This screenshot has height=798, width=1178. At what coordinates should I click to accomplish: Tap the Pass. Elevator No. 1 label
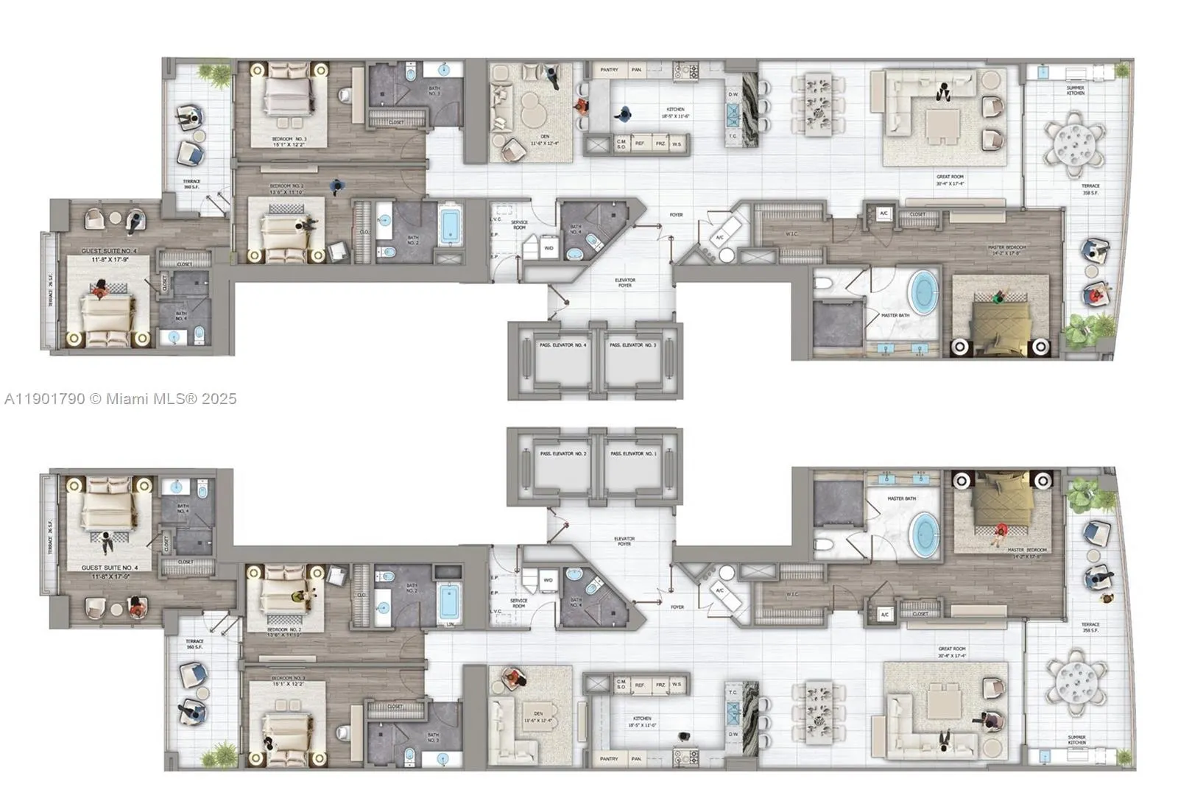tap(632, 454)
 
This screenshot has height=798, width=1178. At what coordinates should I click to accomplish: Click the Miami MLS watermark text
tap(120, 399)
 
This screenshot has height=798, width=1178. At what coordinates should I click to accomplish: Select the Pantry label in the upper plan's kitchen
tap(609, 70)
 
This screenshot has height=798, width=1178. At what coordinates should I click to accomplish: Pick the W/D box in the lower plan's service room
tap(549, 580)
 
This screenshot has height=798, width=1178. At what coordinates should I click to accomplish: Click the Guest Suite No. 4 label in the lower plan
tap(109, 568)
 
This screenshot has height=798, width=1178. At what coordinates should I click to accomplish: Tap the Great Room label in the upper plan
tap(950, 177)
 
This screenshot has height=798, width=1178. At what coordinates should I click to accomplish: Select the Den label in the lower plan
tap(538, 713)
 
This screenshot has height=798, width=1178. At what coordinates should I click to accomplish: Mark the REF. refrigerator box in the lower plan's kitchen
tap(640, 685)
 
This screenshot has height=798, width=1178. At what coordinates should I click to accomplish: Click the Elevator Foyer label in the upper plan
tap(624, 283)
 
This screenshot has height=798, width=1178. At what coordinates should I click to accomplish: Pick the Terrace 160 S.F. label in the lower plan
tap(194, 644)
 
